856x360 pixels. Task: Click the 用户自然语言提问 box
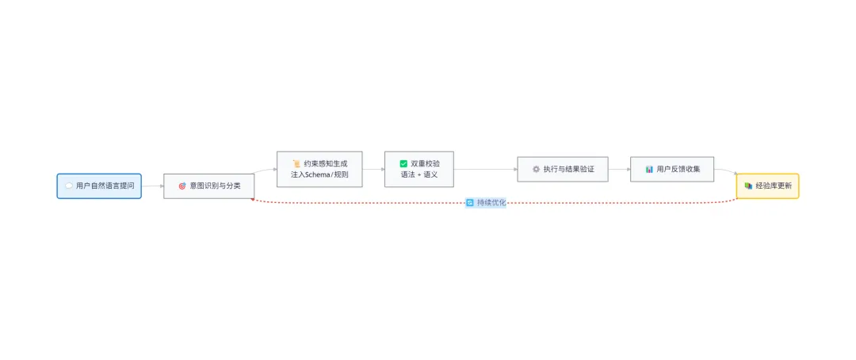click(99, 186)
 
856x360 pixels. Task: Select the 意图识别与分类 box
click(208, 186)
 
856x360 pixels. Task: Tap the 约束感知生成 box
click(319, 169)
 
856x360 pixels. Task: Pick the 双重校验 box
click(419, 169)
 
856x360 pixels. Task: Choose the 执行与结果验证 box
click(563, 169)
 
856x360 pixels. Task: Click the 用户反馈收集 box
click(672, 169)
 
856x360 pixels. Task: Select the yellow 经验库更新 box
click(767, 186)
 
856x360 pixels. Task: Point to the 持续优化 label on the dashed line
click(491, 203)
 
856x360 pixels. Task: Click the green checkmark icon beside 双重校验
click(403, 163)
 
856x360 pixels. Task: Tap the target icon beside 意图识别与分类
click(182, 186)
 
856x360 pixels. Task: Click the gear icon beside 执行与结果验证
click(536, 169)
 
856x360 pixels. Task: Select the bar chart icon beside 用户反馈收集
click(649, 169)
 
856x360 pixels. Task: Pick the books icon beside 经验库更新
click(748, 186)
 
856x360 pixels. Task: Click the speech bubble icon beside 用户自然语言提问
click(68, 186)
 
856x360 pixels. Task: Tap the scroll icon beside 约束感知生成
click(296, 163)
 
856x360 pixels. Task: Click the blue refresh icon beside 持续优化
click(470, 203)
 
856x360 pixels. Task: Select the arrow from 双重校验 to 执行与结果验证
click(485, 169)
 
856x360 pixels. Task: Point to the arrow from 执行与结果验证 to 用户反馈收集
click(619, 169)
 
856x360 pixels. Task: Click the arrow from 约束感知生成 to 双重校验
click(373, 169)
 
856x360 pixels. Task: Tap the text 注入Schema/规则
click(319, 174)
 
